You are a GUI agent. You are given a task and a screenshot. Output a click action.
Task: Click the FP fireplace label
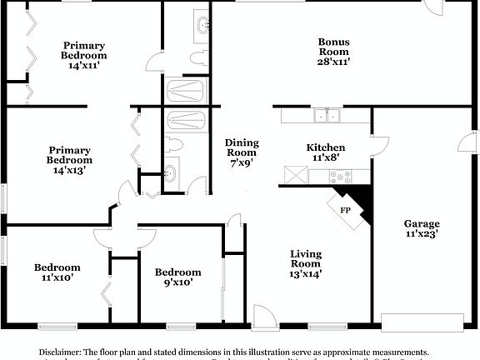[345, 210]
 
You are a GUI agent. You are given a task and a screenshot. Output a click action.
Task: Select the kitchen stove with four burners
[339, 176]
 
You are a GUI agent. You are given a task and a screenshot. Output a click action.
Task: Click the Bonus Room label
[332, 51]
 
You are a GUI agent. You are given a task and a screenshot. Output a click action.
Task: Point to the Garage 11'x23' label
[422, 229]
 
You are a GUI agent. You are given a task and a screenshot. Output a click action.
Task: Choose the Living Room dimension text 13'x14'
[306, 272]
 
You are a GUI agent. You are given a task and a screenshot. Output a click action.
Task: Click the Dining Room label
[242, 152]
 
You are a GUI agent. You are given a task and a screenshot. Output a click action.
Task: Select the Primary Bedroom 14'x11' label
[83, 56]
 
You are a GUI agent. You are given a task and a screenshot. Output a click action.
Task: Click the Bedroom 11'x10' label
[57, 272]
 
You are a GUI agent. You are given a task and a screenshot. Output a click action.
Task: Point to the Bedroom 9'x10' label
[177, 277]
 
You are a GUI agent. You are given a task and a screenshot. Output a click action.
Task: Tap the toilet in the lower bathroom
[173, 144]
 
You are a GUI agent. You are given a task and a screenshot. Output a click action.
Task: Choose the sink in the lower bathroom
[170, 174]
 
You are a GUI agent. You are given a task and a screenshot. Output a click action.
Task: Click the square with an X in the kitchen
[294, 175]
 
